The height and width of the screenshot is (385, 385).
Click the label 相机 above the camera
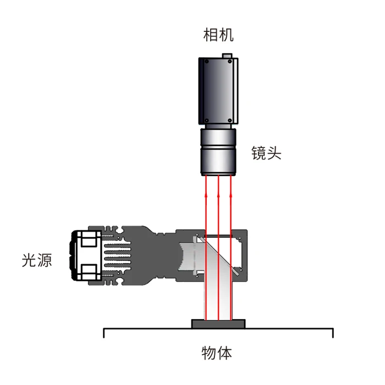218,36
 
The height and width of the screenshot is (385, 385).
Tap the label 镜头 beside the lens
266,153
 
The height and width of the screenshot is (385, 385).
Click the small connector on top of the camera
227,55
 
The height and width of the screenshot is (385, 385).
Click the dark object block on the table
218,324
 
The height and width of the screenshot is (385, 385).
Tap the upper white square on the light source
89,240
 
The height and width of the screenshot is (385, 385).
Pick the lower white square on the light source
89,271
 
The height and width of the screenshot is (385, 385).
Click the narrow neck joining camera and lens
218,127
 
